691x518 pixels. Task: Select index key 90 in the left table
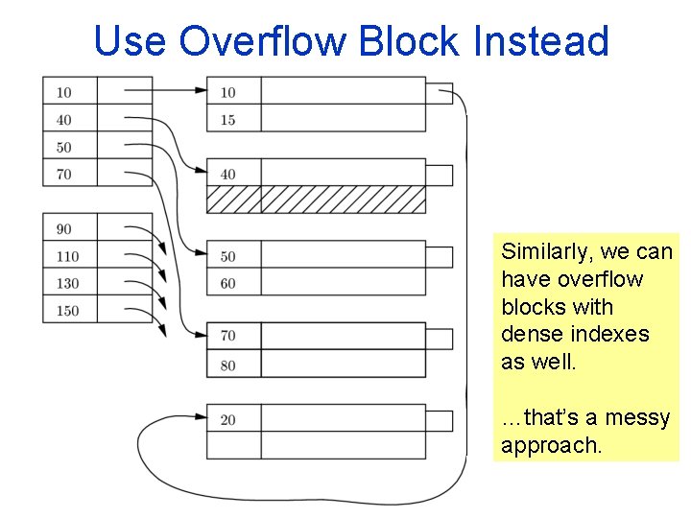pos(63,228)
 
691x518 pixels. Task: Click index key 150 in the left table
pos(67,310)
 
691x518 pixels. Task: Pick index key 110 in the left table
pos(67,256)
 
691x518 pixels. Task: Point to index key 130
pos(67,283)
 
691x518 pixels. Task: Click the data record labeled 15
pos(227,120)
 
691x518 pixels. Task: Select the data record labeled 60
pos(227,283)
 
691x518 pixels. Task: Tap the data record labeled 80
pos(227,365)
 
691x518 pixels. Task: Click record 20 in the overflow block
pos(227,419)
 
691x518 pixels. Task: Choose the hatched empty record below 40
pos(316,200)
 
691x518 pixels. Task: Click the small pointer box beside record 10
pos(439,93)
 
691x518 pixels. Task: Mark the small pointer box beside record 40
pos(439,175)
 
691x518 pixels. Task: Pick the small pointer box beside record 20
pos(439,420)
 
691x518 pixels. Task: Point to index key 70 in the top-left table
pos(63,175)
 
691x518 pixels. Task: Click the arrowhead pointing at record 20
pos(201,417)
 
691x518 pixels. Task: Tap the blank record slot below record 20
pos(316,446)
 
